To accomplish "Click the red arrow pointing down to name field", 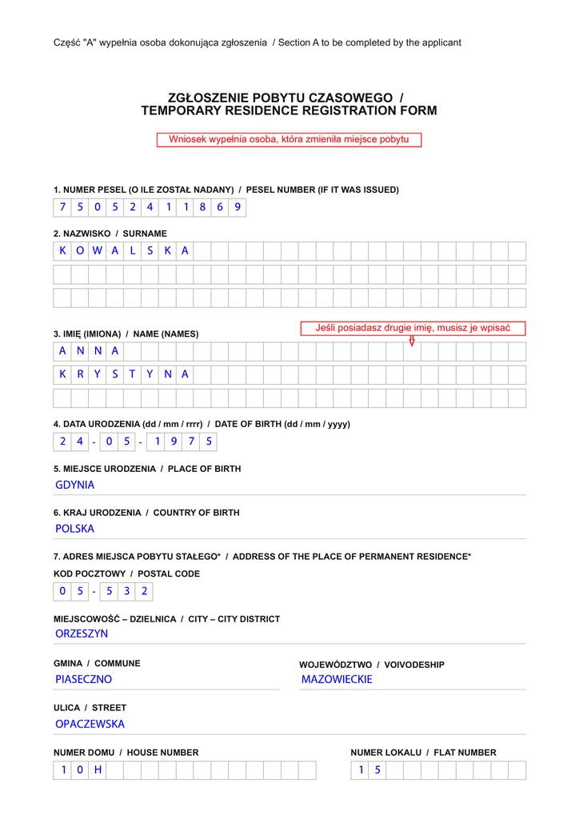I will pyautogui.click(x=412, y=342).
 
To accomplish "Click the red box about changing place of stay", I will pyautogui.click(x=289, y=140).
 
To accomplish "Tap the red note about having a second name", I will pyautogui.click(x=413, y=328).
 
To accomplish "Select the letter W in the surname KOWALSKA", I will pyautogui.click(x=97, y=251).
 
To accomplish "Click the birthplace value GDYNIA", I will pyautogui.click(x=75, y=485).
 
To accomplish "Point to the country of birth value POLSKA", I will pyautogui.click(x=75, y=529).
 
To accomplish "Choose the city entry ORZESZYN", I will pyautogui.click(x=82, y=633).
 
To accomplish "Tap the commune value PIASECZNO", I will pyautogui.click(x=84, y=679).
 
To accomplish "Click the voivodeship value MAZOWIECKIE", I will pyautogui.click(x=337, y=679).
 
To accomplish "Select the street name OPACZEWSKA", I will pyautogui.click(x=90, y=724).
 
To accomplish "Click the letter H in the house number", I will pyautogui.click(x=98, y=770).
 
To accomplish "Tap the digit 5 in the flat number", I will pyautogui.click(x=377, y=770).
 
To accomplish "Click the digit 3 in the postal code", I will pyautogui.click(x=126, y=592).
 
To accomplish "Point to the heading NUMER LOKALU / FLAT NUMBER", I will pyautogui.click(x=423, y=753).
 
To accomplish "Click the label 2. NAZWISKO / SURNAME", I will pyautogui.click(x=110, y=234).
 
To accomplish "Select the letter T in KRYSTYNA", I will pyautogui.click(x=132, y=374).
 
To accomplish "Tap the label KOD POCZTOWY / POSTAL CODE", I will pyautogui.click(x=126, y=574).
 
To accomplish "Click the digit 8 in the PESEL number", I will pyautogui.click(x=202, y=207).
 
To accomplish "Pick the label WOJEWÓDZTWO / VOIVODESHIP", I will pyautogui.click(x=372, y=665).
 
